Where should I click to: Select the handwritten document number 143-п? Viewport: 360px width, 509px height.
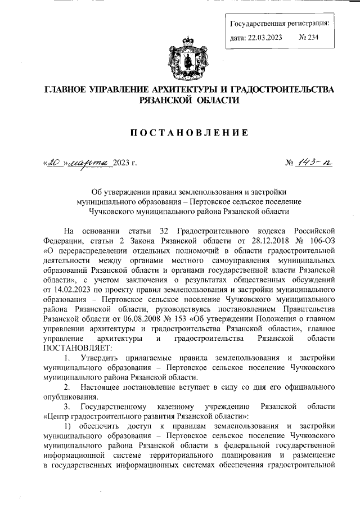pyautogui.click(x=317, y=163)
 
